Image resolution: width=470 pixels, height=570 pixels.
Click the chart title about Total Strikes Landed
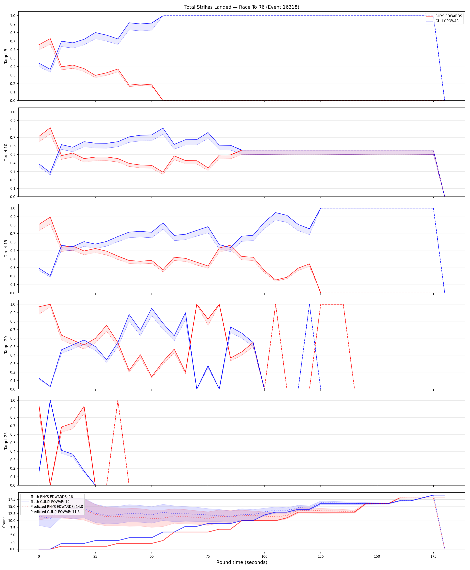pos(242,7)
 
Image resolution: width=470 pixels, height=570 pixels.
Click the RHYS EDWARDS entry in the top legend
pos(449,16)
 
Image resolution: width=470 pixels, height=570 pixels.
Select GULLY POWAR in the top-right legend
pos(447,21)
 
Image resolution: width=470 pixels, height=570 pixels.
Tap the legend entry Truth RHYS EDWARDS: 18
pos(52,497)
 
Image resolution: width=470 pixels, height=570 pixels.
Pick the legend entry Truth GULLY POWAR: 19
pos(50,502)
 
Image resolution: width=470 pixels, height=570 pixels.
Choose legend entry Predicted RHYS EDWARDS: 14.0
pos(57,507)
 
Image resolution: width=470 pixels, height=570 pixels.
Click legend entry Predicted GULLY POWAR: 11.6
pos(55,512)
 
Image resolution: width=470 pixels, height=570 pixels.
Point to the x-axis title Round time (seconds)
pos(242,562)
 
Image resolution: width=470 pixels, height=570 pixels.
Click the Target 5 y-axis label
pos(6,56)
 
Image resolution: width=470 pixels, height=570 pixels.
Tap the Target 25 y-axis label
pos(6,441)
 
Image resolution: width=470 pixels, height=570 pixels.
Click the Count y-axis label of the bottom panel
pos(4,522)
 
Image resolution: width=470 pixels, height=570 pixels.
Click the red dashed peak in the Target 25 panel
pos(118,401)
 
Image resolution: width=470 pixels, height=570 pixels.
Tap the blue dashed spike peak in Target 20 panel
pos(310,304)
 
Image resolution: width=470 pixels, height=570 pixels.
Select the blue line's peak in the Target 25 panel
pos(50,401)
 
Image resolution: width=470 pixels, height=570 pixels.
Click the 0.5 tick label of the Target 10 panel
pos(13,154)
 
